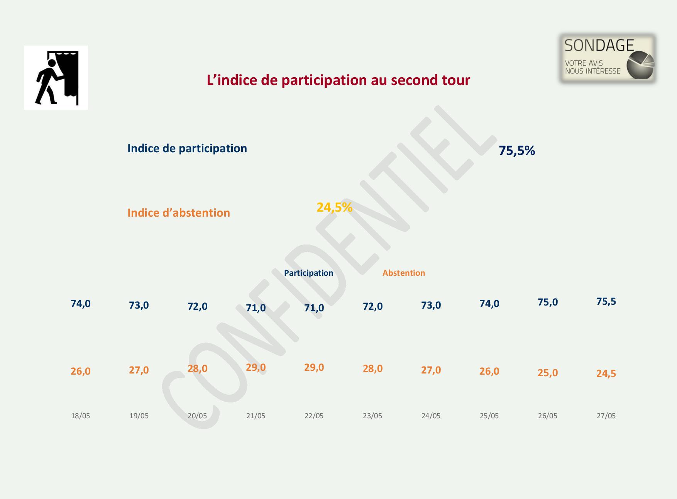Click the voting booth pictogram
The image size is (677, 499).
56,78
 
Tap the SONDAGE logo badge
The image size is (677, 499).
608,59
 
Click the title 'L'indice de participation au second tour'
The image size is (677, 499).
338,80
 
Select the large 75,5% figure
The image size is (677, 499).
517,150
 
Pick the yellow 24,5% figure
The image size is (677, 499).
334,207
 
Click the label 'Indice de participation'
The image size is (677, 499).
187,148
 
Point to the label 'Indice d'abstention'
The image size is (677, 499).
179,213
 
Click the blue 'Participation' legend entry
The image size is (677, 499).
308,273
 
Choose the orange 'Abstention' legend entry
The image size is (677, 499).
404,273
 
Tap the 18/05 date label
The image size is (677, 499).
80,416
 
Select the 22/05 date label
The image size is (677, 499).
314,416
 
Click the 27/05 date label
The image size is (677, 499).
606,416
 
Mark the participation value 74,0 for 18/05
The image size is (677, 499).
81,304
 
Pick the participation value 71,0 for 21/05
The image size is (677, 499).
256,308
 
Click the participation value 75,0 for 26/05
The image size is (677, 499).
548,302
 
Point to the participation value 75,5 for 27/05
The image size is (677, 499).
606,302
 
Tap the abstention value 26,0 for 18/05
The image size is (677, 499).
81,371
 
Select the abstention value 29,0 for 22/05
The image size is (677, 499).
314,367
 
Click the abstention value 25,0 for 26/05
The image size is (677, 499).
548,373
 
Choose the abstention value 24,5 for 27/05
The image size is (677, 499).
606,373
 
